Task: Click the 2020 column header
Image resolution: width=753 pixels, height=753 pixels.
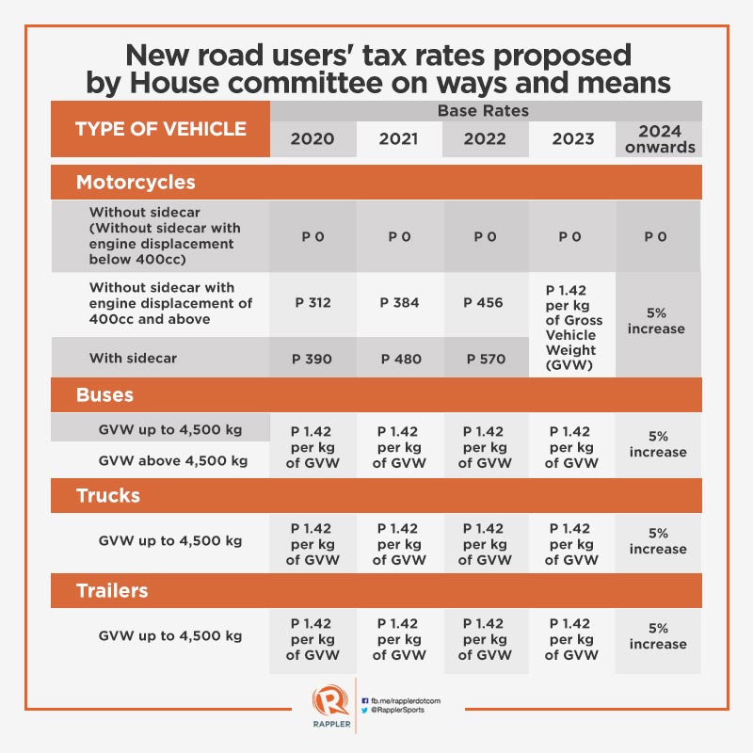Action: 312,139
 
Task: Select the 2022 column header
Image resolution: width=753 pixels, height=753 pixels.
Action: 486,139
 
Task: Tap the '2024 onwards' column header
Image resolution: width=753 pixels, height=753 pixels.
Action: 659,138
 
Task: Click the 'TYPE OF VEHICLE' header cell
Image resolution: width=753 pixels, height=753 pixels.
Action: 161,129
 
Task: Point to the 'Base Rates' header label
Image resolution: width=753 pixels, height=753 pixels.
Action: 483,110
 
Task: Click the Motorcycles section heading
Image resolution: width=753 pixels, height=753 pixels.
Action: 136,182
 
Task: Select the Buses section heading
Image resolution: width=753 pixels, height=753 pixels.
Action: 104,394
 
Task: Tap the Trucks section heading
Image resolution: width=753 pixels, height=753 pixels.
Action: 108,495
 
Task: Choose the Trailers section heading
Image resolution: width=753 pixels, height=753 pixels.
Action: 112,591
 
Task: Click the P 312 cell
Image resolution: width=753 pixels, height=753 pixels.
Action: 312,303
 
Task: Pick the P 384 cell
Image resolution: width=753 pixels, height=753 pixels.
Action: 399,303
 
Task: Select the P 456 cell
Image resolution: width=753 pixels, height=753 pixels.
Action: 486,303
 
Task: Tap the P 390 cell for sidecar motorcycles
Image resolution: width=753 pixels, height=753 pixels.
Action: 312,359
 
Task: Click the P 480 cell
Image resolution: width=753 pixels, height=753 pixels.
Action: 399,359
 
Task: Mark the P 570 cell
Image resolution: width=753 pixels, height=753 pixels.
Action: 486,359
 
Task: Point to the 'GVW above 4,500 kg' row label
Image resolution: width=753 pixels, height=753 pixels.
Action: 173,460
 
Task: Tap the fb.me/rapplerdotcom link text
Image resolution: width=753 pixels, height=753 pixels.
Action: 407,700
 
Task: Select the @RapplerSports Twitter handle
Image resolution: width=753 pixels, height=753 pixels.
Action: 402,712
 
